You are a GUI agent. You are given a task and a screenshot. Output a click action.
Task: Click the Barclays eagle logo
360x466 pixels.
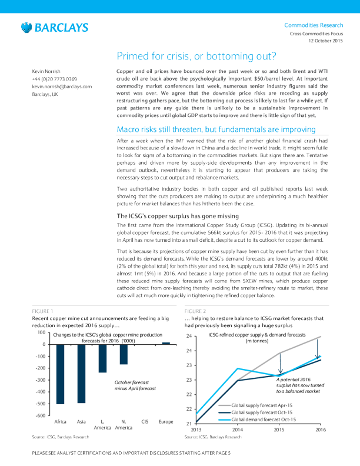(x=25, y=27)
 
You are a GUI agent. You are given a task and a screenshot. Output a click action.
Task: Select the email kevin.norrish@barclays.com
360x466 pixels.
(x=62, y=86)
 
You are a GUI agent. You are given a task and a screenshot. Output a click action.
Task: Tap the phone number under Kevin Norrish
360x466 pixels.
(x=54, y=79)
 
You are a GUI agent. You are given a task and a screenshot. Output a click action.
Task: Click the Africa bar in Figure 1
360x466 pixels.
(x=59, y=374)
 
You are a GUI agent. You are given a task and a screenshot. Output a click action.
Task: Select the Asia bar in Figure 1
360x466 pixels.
(x=81, y=374)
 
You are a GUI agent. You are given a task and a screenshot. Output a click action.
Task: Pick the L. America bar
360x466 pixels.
(x=102, y=358)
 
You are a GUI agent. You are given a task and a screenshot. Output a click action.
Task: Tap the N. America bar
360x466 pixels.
(x=124, y=354)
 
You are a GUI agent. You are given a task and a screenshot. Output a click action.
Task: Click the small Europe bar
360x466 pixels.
(x=166, y=343)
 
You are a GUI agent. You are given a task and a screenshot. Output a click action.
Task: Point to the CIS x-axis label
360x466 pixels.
(x=145, y=421)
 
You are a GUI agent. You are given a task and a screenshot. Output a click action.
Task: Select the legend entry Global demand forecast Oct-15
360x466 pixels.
(x=264, y=420)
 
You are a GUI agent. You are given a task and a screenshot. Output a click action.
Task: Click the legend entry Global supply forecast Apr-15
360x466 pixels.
(x=264, y=405)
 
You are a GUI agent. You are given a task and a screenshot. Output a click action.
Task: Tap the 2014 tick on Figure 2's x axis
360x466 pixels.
(x=237, y=430)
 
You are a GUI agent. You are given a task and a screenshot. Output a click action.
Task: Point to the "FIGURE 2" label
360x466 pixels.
(x=195, y=311)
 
